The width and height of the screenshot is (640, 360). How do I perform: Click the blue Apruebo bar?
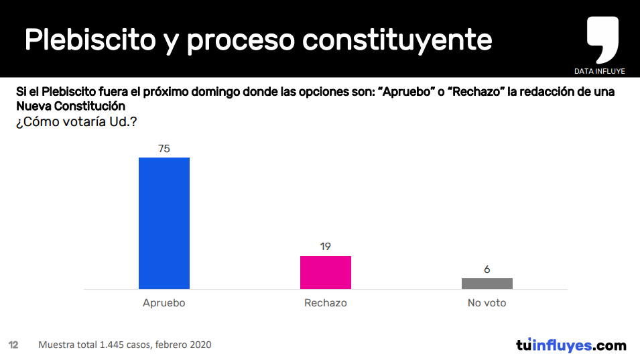[164, 223]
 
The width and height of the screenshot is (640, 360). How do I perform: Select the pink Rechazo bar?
[326, 272]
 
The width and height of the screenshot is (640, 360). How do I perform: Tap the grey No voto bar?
[487, 284]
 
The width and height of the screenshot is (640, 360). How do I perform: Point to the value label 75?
[164, 149]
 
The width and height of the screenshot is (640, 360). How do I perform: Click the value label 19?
[326, 247]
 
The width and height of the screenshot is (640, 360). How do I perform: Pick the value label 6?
[487, 269]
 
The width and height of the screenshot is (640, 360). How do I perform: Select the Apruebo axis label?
[164, 303]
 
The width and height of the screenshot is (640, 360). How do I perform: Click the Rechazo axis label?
[326, 303]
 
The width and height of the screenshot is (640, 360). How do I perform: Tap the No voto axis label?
[487, 303]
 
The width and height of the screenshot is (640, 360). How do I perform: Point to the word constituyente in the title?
[397, 40]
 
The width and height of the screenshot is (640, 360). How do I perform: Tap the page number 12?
[13, 345]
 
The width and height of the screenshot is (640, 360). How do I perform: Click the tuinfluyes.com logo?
[571, 345]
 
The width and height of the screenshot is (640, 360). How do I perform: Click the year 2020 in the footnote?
[200, 345]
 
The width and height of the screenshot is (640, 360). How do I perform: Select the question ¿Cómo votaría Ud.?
[76, 122]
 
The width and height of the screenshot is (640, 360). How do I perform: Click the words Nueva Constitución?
[71, 107]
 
